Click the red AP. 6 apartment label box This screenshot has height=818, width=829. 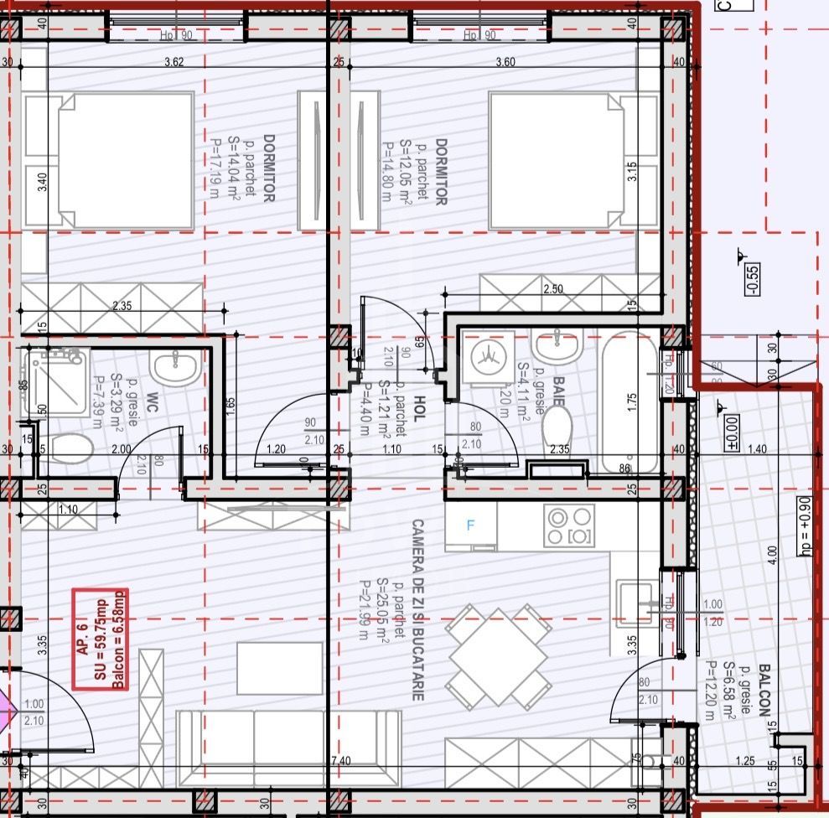click(x=100, y=639)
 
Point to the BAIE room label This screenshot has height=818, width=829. click(x=557, y=391)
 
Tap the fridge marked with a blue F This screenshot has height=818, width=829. click(x=471, y=525)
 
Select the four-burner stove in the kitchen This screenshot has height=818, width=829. click(x=570, y=525)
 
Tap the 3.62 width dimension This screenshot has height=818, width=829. click(x=174, y=62)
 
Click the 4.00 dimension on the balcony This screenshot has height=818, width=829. click(x=773, y=554)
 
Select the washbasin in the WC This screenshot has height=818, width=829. click(x=175, y=366)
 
